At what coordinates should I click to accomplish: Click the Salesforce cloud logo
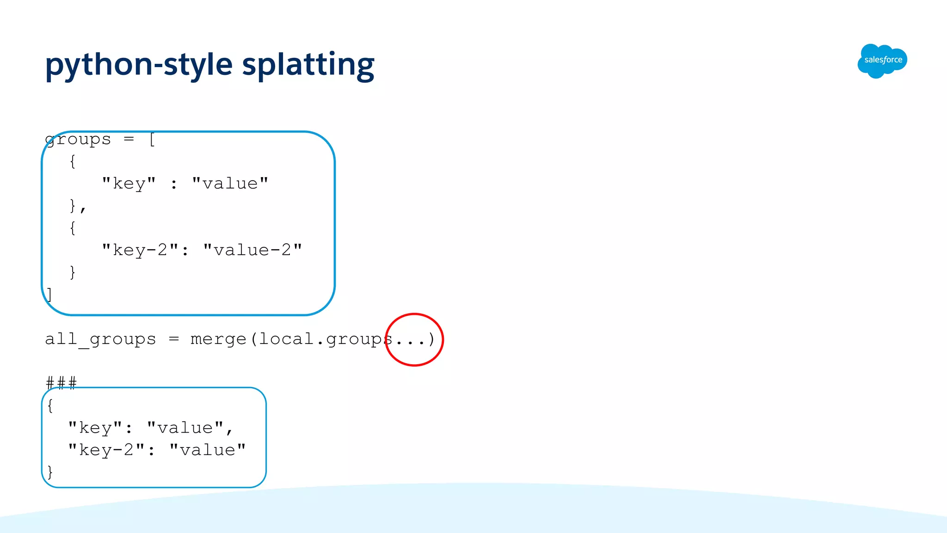[882, 61]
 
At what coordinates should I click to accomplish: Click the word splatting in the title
[308, 65]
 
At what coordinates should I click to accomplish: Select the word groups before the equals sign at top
[78, 139]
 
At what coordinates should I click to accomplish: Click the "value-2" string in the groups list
[252, 250]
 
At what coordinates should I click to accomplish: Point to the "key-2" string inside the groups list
[140, 250]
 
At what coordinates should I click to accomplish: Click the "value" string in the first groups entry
[230, 184]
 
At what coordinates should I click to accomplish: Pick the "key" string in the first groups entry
[129, 184]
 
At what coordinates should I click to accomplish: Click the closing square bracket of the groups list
[49, 294]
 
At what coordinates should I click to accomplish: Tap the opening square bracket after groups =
[152, 139]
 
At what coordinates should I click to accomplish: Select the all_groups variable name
[100, 339]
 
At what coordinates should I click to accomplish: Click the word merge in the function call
[218, 339]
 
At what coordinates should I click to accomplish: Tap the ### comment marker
[61, 383]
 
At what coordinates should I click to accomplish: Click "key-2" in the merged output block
[106, 450]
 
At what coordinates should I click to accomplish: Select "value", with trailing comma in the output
[190, 428]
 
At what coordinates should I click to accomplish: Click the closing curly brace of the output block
[50, 472]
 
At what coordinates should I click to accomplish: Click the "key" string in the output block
[95, 428]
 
